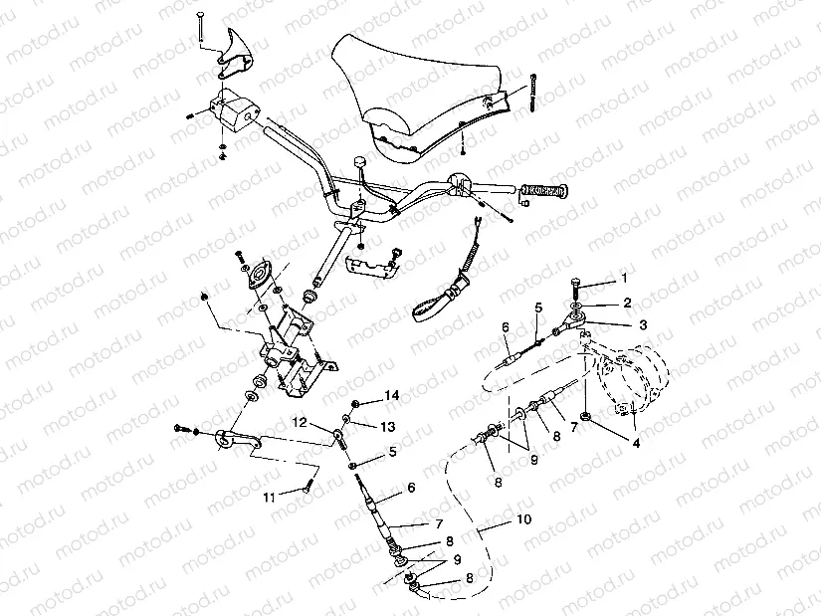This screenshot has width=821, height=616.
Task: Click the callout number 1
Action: click(625, 278)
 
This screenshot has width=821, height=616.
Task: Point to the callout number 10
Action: click(523, 519)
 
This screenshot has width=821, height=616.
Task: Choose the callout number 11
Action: click(268, 495)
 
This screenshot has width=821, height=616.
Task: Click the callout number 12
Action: click(299, 422)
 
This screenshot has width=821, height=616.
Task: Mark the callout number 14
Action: click(393, 395)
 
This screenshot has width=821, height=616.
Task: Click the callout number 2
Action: click(626, 301)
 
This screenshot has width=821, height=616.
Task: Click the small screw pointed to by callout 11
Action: click(308, 486)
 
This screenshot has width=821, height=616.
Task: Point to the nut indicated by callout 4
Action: click(589, 414)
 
